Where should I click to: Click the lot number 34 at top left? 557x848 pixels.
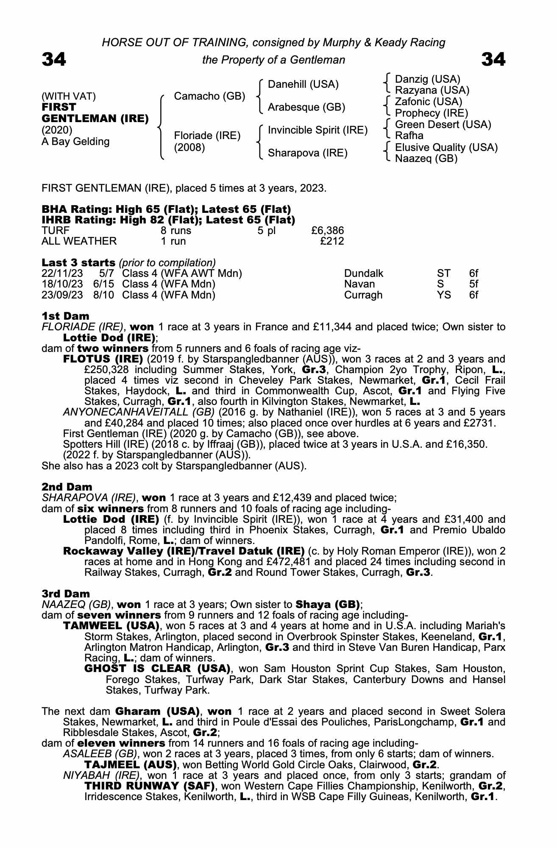[54, 59]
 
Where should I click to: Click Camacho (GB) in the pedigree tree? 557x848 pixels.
[209, 96]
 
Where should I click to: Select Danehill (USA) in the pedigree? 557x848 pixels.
[303, 84]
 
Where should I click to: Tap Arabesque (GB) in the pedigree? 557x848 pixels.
[306, 107]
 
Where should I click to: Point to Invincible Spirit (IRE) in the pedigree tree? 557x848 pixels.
[317, 130]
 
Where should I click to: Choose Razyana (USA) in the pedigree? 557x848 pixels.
[432, 90]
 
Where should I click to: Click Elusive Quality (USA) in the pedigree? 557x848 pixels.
[446, 148]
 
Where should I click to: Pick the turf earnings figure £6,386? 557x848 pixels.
[327, 231]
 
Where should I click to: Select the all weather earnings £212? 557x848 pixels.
[332, 241]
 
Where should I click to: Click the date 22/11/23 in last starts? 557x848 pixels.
[62, 273]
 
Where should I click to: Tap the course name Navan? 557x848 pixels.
[359, 284]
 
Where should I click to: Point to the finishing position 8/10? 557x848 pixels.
[103, 295]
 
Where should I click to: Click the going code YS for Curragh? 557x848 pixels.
[444, 295]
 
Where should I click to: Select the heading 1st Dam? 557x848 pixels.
[65, 316]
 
